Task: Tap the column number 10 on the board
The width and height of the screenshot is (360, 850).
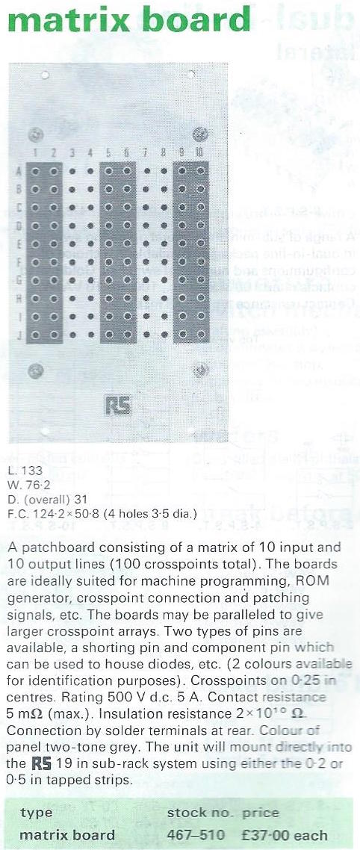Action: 199,153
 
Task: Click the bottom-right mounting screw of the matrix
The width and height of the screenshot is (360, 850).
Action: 199,370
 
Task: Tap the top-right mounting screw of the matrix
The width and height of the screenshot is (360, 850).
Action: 199,134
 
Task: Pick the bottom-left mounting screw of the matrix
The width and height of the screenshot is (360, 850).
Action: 35,370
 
